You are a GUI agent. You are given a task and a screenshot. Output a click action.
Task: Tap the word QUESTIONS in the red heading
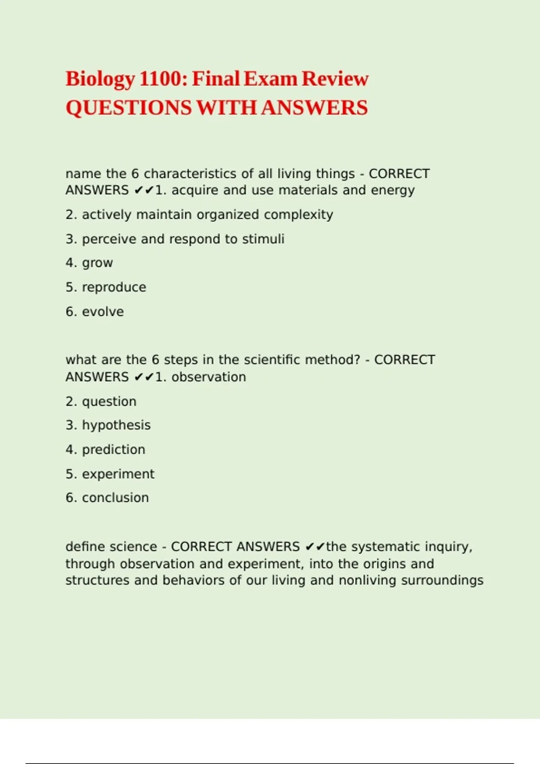129,108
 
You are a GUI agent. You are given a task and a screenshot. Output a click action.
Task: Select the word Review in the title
335,79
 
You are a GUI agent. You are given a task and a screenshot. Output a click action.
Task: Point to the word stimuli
263,239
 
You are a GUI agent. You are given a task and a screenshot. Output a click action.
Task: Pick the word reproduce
114,287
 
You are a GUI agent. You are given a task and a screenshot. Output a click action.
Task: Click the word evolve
103,311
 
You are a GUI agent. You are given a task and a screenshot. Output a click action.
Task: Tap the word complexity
298,215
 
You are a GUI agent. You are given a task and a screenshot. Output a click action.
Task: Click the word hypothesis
116,425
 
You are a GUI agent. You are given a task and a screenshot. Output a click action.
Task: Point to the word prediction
113,449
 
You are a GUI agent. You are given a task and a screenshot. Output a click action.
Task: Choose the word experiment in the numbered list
118,474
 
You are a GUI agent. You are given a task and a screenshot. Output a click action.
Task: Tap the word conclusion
115,497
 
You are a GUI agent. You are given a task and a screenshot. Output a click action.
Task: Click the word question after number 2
109,401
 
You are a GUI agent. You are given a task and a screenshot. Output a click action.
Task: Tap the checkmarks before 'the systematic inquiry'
315,546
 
